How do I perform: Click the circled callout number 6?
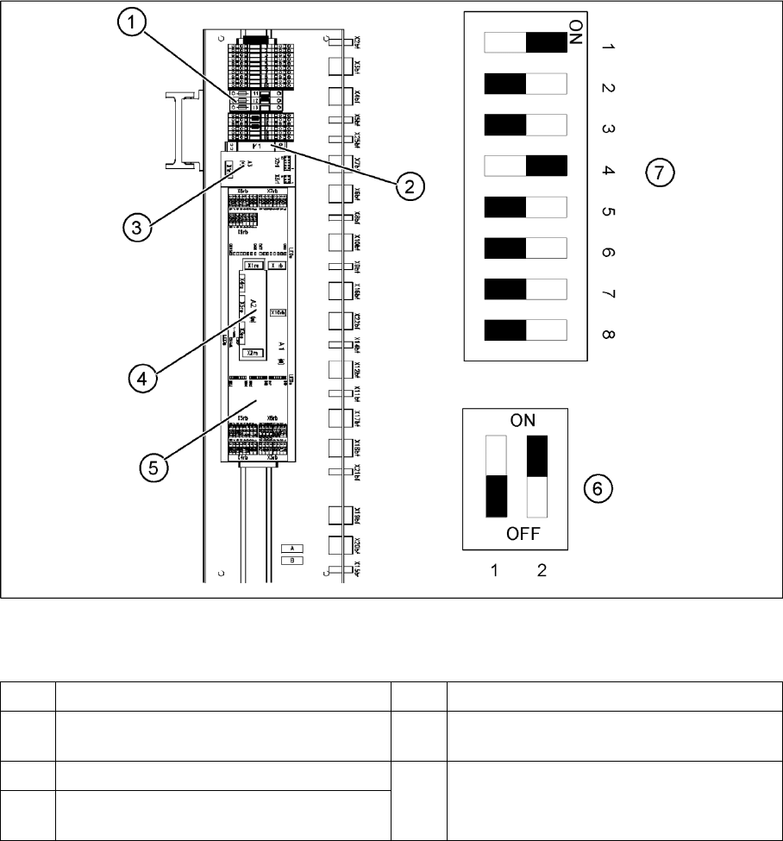click(x=597, y=487)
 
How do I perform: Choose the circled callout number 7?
click(x=659, y=173)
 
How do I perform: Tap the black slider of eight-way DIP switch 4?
click(x=546, y=166)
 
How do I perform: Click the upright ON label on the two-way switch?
click(x=523, y=421)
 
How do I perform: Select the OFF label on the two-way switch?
click(x=523, y=534)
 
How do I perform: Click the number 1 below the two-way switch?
click(x=497, y=571)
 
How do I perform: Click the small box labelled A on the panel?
click(x=294, y=548)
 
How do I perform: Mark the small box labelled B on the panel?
click(x=294, y=560)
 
